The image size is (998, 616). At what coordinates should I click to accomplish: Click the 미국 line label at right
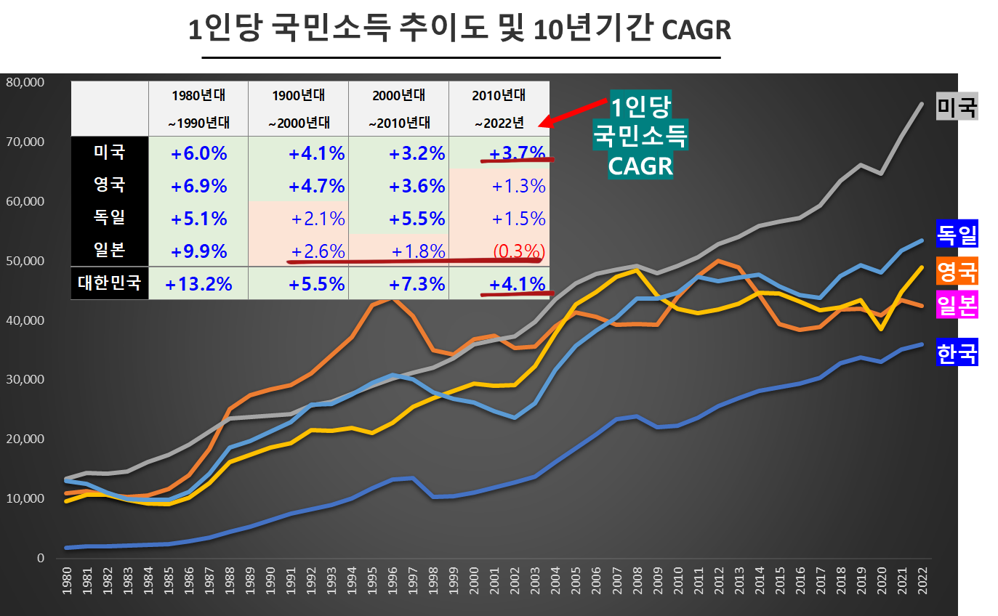pyautogui.click(x=957, y=107)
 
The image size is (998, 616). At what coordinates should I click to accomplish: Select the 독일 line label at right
pyautogui.click(x=957, y=235)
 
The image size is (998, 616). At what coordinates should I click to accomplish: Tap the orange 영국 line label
pyautogui.click(x=957, y=271)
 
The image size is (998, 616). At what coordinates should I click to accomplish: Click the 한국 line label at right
pyautogui.click(x=957, y=353)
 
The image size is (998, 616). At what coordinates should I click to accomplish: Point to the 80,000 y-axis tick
pyautogui.click(x=25, y=82)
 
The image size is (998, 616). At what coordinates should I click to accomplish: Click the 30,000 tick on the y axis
pyautogui.click(x=25, y=379)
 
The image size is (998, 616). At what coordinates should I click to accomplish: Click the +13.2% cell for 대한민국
pyautogui.click(x=198, y=283)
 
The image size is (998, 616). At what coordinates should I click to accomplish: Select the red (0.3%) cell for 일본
pyautogui.click(x=519, y=251)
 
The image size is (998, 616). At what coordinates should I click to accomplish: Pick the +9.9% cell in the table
pyautogui.click(x=198, y=251)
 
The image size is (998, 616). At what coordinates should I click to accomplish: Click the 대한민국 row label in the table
pyautogui.click(x=109, y=283)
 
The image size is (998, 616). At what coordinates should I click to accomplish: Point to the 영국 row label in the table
pyautogui.click(x=109, y=185)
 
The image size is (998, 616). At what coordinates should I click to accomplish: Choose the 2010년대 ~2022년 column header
pyautogui.click(x=499, y=108)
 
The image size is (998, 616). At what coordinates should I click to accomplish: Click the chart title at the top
pyautogui.click(x=459, y=30)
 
